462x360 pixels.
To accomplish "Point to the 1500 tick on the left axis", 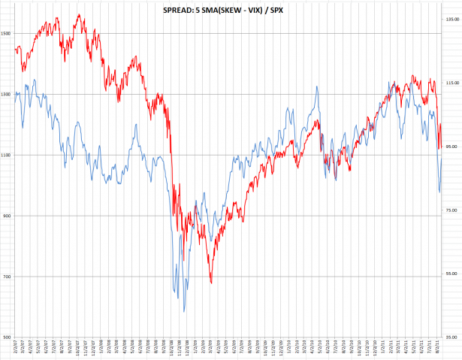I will click(6, 33).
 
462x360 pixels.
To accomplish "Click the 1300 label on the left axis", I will click(6, 94).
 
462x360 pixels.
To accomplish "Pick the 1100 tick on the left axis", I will click(6, 155).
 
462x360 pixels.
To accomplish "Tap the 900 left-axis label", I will click(6, 216).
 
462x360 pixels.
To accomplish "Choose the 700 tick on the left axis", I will click(6, 277).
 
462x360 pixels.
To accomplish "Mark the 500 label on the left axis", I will click(6, 337).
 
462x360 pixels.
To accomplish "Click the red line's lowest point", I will click(211, 283).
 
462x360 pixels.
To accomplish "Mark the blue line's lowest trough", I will click(184, 311).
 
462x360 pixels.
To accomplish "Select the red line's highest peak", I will click(77, 14).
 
